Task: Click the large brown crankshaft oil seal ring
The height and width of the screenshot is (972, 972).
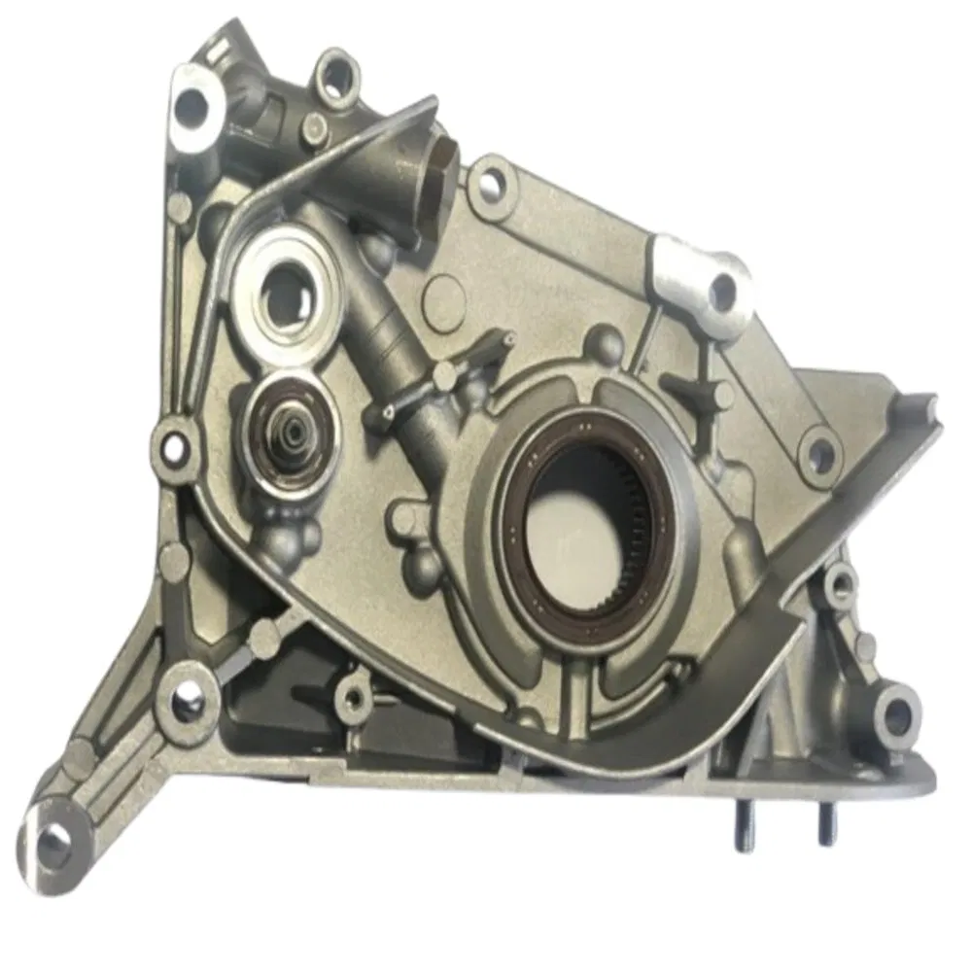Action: tap(515, 525)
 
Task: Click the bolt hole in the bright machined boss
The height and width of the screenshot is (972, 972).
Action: tap(723, 286)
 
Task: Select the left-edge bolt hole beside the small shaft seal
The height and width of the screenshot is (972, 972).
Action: tap(172, 445)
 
